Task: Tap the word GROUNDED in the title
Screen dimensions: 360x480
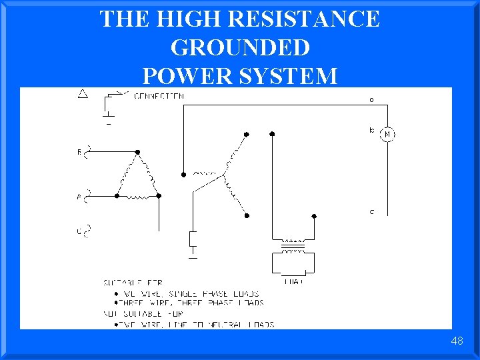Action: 240,47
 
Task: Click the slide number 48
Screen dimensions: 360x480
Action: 457,341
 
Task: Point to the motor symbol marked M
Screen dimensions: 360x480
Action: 387,134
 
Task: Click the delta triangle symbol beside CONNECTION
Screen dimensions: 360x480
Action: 83,94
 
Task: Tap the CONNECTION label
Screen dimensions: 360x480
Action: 159,96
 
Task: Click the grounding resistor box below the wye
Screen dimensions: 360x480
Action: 193,238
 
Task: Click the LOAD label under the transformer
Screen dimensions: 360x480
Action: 293,282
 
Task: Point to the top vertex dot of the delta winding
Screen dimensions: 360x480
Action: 138,153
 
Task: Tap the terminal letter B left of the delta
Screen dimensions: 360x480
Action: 80,153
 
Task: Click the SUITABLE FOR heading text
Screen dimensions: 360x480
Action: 133,283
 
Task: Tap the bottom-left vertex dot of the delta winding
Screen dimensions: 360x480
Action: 117,196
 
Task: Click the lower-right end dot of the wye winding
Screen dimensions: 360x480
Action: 247,215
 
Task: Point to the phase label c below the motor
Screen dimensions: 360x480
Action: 371,212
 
